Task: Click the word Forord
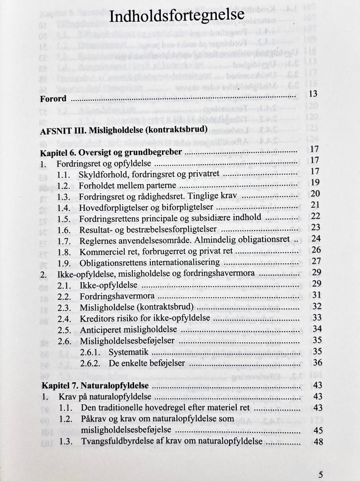(53, 99)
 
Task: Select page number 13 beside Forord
(313, 93)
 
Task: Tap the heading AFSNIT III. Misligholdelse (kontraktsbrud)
(124, 129)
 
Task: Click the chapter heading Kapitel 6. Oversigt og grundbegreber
(111, 153)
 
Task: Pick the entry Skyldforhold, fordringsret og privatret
(149, 174)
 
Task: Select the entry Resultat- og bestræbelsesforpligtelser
(148, 229)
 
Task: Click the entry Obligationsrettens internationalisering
(150, 262)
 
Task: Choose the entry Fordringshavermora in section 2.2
(117, 296)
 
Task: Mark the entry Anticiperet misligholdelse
(128, 329)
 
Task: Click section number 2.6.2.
(90, 364)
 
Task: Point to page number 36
(317, 362)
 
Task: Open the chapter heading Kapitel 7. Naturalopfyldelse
(95, 386)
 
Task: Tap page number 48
(318, 441)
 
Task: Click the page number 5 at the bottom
(320, 473)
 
